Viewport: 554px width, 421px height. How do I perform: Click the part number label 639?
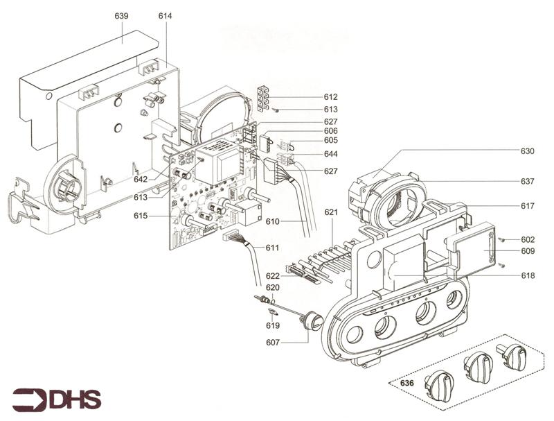(122, 15)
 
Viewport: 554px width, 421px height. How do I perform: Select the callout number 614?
(165, 15)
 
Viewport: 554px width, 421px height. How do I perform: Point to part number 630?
(528, 151)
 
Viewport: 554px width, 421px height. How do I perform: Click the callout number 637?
(528, 181)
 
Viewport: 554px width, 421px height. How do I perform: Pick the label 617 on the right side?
(528, 206)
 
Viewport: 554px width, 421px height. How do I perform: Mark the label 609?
(528, 250)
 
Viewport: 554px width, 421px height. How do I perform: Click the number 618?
(528, 275)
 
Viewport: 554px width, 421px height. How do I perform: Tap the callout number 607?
(273, 342)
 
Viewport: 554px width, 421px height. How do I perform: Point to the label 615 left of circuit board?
(141, 216)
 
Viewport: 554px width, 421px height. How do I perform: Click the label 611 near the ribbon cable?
(273, 247)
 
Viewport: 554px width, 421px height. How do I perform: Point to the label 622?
(273, 276)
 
